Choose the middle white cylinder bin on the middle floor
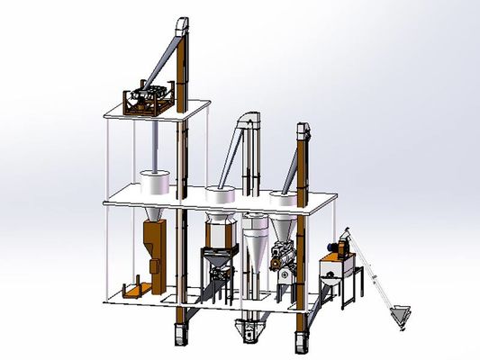(x=218, y=193)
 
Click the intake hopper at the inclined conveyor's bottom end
(x=404, y=316)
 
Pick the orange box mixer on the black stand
(x=336, y=267)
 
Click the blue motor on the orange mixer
(x=343, y=245)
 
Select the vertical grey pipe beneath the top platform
(x=158, y=144)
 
